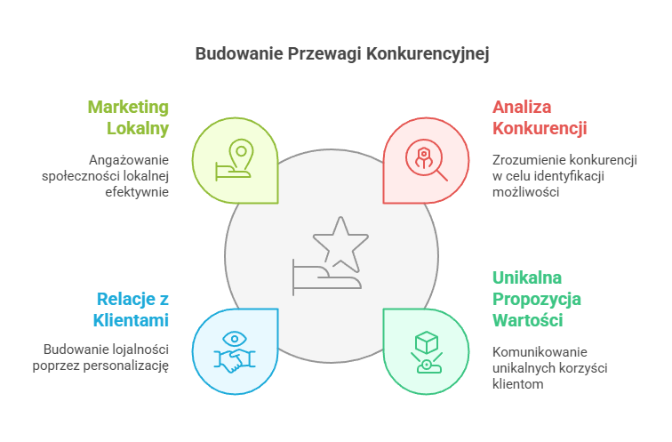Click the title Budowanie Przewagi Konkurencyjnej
pos(342,53)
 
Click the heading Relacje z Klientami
pos(132,308)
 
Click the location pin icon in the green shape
pos(236,153)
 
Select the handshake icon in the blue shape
pos(235,359)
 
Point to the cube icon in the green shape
pos(427,342)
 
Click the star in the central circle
pos(340,243)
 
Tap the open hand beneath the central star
pos(324,278)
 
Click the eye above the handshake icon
pos(235,338)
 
